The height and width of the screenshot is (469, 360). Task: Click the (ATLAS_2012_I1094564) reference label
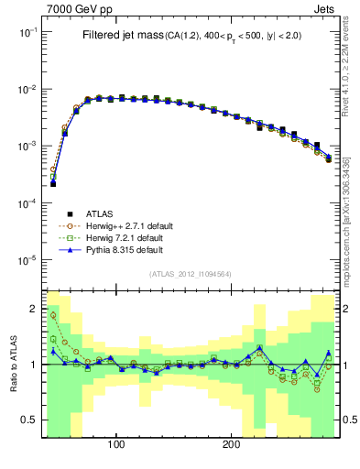coord(191,274)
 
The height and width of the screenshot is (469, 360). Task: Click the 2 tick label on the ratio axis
coord(34,308)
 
